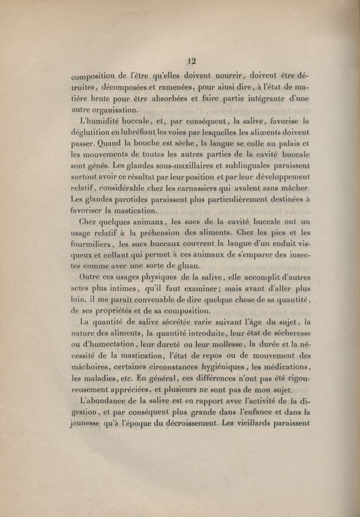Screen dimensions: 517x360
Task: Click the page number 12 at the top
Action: coord(192,61)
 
